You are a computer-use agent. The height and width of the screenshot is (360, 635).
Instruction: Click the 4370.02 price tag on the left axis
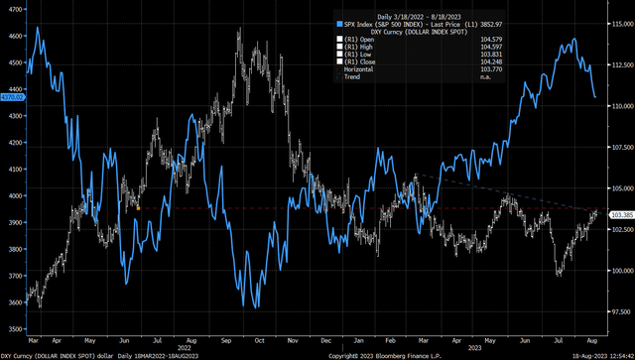click(x=13, y=96)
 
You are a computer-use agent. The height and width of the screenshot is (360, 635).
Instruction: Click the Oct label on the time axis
click(x=258, y=339)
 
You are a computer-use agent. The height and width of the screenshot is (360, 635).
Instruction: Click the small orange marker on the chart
click(x=138, y=208)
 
